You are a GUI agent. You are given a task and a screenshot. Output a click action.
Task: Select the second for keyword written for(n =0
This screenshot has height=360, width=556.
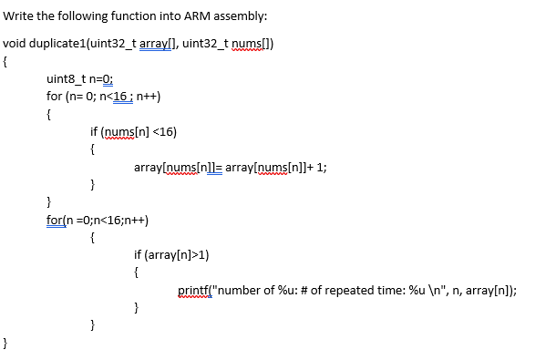55,220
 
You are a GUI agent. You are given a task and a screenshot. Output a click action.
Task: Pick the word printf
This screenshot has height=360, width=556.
195,292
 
